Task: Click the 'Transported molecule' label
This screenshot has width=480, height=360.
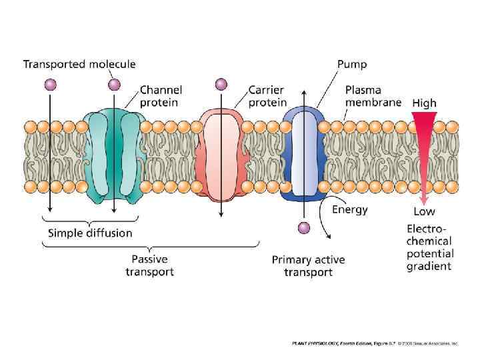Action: point(79,65)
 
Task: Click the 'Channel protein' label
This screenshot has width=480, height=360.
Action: point(161,96)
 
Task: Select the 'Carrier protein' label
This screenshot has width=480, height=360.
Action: point(267,96)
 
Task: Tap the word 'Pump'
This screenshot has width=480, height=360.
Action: point(351,65)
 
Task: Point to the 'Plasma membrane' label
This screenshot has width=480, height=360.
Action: point(373,96)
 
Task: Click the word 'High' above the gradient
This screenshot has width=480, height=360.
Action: point(424,103)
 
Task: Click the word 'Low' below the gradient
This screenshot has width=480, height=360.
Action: point(424,211)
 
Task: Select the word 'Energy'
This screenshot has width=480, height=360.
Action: point(349,209)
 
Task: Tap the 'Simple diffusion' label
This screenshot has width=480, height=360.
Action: point(90,233)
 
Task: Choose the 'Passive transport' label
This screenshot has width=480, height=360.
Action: point(149,265)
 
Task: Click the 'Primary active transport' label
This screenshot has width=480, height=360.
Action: point(308,265)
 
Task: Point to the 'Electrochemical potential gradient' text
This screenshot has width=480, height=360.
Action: point(430,247)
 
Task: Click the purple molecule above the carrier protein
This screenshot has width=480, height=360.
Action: point(221,84)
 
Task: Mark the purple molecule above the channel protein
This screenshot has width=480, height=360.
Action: point(115,84)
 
